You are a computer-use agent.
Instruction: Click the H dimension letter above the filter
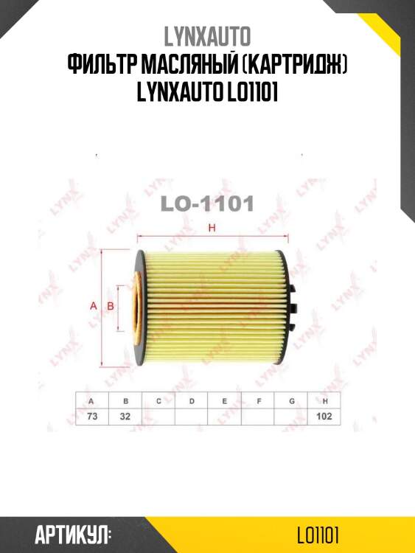coord(212,229)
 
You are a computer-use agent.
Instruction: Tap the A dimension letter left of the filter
coord(93,305)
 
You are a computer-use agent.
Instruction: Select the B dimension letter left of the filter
coord(111,305)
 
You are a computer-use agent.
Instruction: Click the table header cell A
coord(91,400)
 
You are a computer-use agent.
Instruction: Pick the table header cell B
coord(125,400)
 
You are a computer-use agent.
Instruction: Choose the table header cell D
coord(192,400)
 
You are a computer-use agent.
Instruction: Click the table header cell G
coord(292,400)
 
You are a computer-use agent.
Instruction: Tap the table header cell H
coord(326,400)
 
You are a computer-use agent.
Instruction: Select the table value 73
coord(91,416)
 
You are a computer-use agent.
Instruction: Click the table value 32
coord(125,416)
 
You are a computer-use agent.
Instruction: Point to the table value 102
coord(326,416)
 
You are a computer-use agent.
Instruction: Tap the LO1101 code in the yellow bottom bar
coord(318,533)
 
